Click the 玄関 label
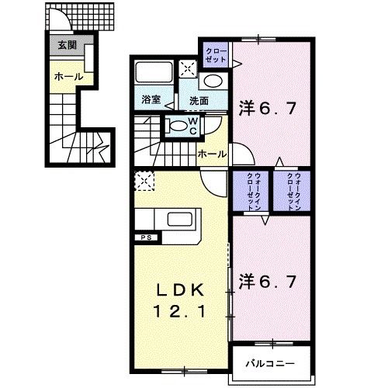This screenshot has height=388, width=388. point(66,46)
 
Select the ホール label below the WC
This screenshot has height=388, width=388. point(212,154)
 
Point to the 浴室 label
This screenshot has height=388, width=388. point(151,100)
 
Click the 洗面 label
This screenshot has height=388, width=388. point(199,101)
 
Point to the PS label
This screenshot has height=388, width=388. point(145,237)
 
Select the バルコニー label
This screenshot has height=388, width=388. point(271,362)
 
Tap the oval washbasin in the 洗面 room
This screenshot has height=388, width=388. point(210,81)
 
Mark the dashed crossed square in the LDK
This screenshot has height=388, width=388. point(144,181)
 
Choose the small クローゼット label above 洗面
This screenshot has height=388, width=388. point(215,56)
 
